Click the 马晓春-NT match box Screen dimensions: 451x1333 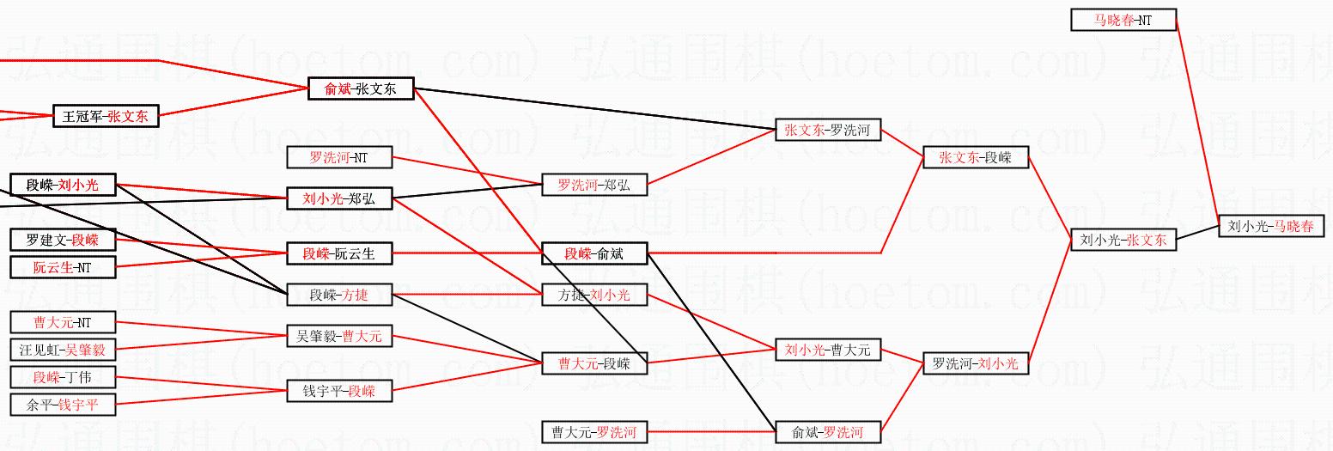[1123, 20]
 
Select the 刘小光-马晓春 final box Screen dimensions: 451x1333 [1271, 227]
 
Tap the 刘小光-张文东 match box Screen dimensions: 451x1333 [1123, 241]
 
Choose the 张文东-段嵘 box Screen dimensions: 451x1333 [975, 157]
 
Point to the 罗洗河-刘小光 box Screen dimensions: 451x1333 [975, 363]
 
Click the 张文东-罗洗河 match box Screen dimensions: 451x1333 [827, 131]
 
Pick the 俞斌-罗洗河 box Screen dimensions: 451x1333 [827, 432]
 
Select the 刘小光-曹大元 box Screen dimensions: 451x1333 [827, 350]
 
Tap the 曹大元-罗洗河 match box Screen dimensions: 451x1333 [593, 432]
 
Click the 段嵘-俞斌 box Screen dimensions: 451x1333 [593, 253]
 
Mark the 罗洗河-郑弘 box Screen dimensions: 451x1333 [593, 185]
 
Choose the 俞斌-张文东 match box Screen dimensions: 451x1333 [361, 88]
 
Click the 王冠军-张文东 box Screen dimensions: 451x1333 [106, 116]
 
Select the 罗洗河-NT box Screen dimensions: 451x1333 [339, 157]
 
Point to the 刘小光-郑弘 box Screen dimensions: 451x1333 [339, 199]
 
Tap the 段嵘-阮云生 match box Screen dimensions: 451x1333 [339, 253]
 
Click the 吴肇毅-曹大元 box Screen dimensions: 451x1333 [339, 337]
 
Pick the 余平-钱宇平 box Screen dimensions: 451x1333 [63, 405]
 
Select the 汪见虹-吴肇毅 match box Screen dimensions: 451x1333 [63, 350]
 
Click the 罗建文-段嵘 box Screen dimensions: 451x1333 [63, 240]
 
